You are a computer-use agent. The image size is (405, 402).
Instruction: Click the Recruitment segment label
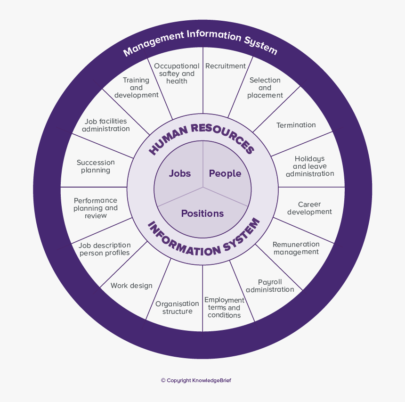pos(226,66)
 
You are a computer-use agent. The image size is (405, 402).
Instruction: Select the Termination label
pos(296,125)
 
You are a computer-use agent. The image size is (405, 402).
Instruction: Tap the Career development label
pos(309,208)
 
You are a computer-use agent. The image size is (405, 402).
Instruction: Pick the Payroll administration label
pos(270,286)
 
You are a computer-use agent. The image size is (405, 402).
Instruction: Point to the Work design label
pos(131,286)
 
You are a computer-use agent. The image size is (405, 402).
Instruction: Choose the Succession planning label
pos(96,166)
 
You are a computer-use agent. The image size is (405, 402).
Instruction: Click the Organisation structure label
pos(178,308)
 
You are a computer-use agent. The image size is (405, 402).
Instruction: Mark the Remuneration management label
pos(296,248)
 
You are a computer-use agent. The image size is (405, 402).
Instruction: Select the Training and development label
pos(136,88)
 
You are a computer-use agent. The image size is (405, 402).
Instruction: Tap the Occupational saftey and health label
pos(177,74)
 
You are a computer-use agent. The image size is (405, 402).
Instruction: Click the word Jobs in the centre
pos(180,173)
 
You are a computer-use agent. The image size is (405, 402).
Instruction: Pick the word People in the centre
pos(225,173)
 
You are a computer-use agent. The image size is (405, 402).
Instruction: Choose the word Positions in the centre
pos(202,213)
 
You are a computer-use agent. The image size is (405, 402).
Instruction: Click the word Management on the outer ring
pos(153,42)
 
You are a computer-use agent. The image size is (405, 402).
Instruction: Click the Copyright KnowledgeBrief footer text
pos(196,380)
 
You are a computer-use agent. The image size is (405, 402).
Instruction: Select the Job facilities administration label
pos(106,125)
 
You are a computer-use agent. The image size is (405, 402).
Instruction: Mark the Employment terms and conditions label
pos(224,308)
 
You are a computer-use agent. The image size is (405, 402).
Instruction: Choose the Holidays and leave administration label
pos(310,166)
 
